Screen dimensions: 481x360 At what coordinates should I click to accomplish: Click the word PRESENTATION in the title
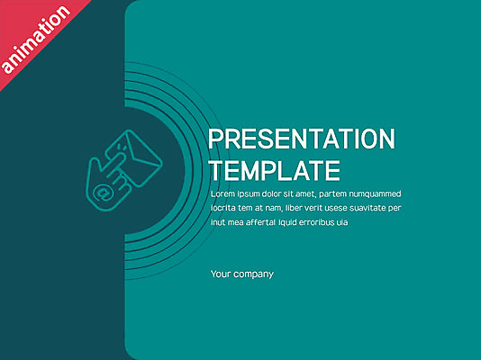(x=302, y=139)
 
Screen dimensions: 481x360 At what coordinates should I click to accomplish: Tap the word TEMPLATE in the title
(x=275, y=171)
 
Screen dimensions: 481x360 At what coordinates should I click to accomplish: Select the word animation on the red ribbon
(x=36, y=40)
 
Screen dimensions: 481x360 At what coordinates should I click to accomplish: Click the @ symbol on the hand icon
(x=102, y=193)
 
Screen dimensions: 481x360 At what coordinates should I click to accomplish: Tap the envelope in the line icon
(x=143, y=158)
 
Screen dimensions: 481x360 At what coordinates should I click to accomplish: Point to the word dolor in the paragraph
(x=270, y=193)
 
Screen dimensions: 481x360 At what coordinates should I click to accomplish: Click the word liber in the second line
(x=293, y=208)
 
